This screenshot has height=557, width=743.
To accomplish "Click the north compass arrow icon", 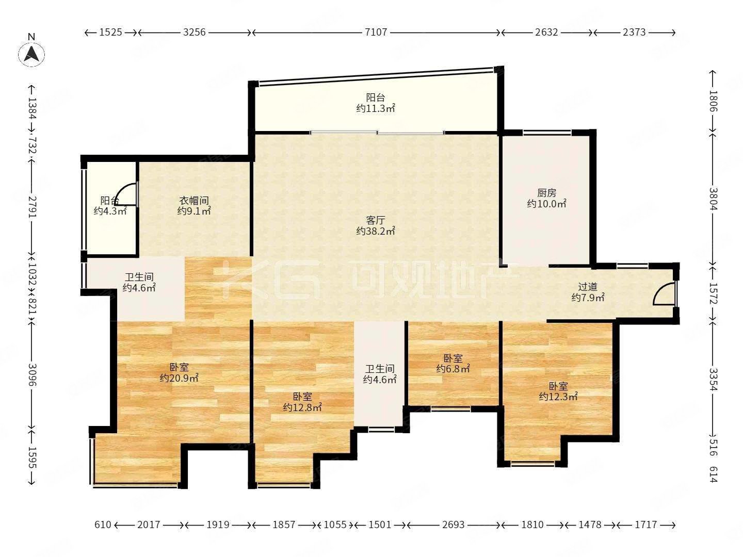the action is (31, 54).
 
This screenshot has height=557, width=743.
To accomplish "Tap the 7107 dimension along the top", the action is (376, 32).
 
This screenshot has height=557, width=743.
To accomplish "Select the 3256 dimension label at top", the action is (195, 32).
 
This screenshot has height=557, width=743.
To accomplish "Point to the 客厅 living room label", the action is (376, 221).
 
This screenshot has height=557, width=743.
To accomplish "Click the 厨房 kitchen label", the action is (546, 193).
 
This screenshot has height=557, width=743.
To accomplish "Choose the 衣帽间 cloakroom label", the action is (194, 201).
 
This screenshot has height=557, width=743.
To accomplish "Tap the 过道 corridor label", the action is (588, 287).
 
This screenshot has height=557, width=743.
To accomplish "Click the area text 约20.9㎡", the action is (179, 378).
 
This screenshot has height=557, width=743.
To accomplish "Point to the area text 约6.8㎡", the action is (453, 368).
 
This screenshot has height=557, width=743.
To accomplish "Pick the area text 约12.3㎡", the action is (558, 397).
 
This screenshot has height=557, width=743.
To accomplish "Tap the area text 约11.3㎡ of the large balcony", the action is (376, 108).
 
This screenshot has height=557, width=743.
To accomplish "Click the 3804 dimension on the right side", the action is (713, 199).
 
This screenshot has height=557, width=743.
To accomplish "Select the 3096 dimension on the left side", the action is (33, 375).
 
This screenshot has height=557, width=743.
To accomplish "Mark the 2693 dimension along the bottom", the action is (454, 525).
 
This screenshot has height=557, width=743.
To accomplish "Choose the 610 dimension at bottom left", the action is (103, 525).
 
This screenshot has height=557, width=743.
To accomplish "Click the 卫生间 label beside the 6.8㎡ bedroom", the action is (380, 369).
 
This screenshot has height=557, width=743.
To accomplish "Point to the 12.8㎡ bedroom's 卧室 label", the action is (302, 397).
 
